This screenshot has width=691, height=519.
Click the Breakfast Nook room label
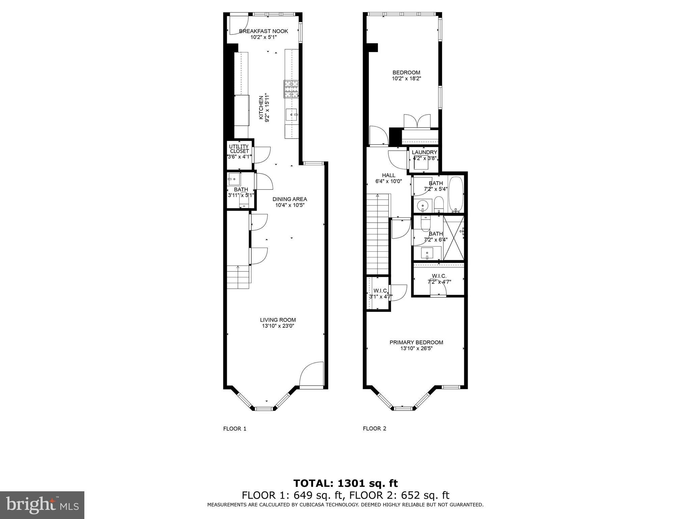point(264,31)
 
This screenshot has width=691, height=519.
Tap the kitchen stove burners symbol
point(291,89)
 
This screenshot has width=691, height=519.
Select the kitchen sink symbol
point(292,115)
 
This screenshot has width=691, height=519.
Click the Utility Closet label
point(239,149)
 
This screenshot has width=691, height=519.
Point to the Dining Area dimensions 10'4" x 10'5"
point(290,205)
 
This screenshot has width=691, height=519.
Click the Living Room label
point(278,320)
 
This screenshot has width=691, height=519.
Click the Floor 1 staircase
point(238,277)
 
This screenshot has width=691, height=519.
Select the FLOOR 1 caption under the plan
point(235,429)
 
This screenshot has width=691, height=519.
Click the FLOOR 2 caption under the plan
point(375,429)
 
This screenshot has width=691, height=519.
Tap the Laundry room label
point(424,152)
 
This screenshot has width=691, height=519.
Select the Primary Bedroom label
point(416,342)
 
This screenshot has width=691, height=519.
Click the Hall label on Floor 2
point(389,175)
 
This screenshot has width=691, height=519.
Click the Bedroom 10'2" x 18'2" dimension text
point(407,78)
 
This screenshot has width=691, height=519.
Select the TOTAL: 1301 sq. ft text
point(345,484)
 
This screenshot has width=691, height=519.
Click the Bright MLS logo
point(42,505)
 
